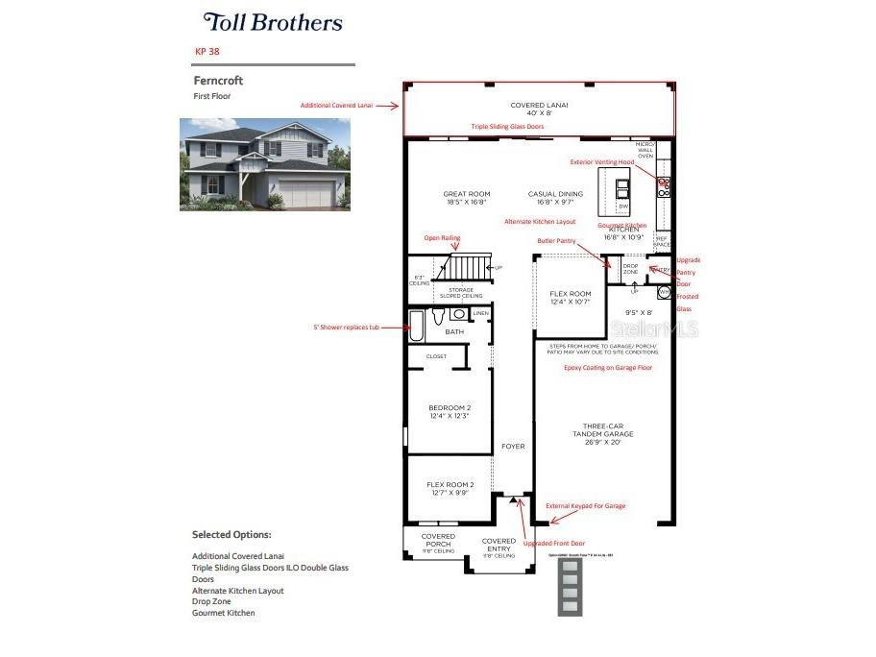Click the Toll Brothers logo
tap(273, 22)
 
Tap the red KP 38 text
tap(207, 51)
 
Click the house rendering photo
tap(264, 164)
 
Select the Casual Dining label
tap(556, 198)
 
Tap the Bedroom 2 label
tap(450, 411)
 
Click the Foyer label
tap(513, 446)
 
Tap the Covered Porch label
tap(438, 540)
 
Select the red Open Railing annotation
tap(442, 237)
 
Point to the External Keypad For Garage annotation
tap(585, 505)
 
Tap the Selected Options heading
tap(231, 534)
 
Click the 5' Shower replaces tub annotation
tap(346, 327)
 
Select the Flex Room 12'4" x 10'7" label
tap(570, 299)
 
